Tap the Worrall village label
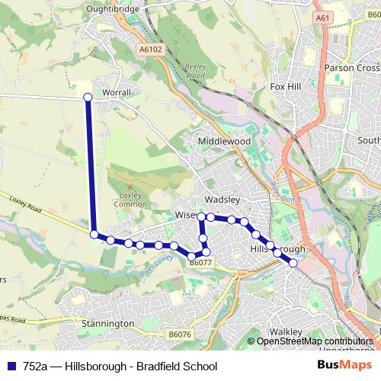(117, 93)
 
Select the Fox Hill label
(286, 87)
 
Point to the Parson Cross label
(351, 68)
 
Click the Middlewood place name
(224, 142)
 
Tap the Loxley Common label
(130, 200)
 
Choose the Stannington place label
(107, 324)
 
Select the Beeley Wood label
(196, 72)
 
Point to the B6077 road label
(200, 263)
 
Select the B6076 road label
(180, 335)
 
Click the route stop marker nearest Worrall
(88, 97)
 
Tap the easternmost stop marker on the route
(293, 263)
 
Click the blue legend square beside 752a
(11, 366)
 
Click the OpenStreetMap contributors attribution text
(314, 341)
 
